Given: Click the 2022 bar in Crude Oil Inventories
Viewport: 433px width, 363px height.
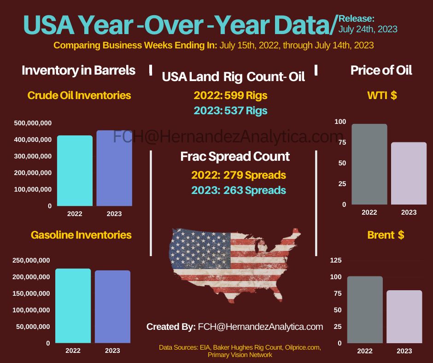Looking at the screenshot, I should tap(75, 170).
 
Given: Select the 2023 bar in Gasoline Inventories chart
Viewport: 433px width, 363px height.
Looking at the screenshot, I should tap(112, 306).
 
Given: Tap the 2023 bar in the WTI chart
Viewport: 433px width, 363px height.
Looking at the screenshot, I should tap(409, 173).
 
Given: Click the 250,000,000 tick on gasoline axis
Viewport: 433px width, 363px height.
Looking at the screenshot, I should tap(31, 260).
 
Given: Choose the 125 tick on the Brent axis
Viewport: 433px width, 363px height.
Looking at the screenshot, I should tap(336, 260).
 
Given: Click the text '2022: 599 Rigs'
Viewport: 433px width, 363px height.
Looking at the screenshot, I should tap(230, 95).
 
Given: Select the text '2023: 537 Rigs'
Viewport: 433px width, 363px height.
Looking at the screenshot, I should tap(230, 111).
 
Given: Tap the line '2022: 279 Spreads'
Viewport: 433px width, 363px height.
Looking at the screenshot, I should tap(239, 175).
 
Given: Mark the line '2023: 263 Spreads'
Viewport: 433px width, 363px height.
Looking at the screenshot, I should tap(239, 190).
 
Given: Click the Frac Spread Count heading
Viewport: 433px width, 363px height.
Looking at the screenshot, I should tap(235, 156).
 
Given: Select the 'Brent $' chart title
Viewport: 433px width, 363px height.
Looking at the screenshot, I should tap(386, 235).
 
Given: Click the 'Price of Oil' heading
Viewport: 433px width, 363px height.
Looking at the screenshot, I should tap(381, 70).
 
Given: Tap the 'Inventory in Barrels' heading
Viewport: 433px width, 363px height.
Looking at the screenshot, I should tap(79, 70).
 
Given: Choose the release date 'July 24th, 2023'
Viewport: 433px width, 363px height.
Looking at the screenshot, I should tap(368, 29).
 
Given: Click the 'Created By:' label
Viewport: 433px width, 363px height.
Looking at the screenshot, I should tap(171, 327).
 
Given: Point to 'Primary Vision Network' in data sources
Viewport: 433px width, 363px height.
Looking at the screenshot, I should tap(240, 355).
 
